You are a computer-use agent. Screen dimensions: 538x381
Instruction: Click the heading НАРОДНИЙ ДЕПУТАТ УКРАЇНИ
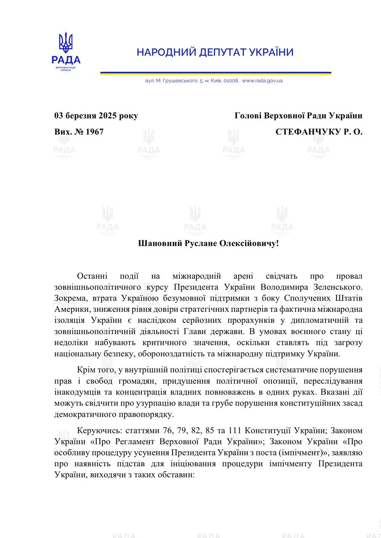pyautogui.click(x=215, y=53)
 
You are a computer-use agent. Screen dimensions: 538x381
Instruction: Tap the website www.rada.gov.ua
pyautogui.click(x=262, y=81)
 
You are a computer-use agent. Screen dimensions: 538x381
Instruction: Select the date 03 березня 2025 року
pyautogui.click(x=96, y=116)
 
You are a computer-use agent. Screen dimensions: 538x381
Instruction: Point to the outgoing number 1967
pyautogui.click(x=95, y=132)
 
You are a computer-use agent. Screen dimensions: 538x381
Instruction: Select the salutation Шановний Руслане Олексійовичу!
pyautogui.click(x=208, y=243)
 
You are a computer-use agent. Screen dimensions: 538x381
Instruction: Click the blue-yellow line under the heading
pyautogui.click(x=215, y=73)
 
